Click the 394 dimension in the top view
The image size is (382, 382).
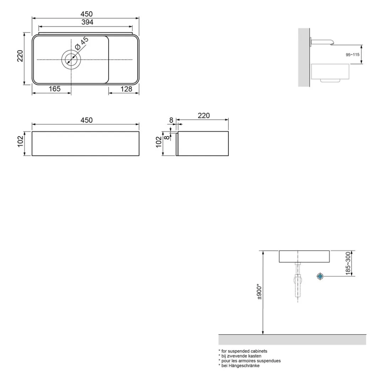click(87, 22)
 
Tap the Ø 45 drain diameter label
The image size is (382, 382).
click(82, 43)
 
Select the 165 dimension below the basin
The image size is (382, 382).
click(54, 89)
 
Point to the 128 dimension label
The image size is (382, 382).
click(126, 89)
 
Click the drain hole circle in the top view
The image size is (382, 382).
click(71, 60)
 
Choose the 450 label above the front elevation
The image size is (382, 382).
click(86, 120)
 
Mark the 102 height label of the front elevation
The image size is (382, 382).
click(21, 141)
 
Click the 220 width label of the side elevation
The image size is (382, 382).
click(204, 116)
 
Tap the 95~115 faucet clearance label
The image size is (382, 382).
click(352, 55)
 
